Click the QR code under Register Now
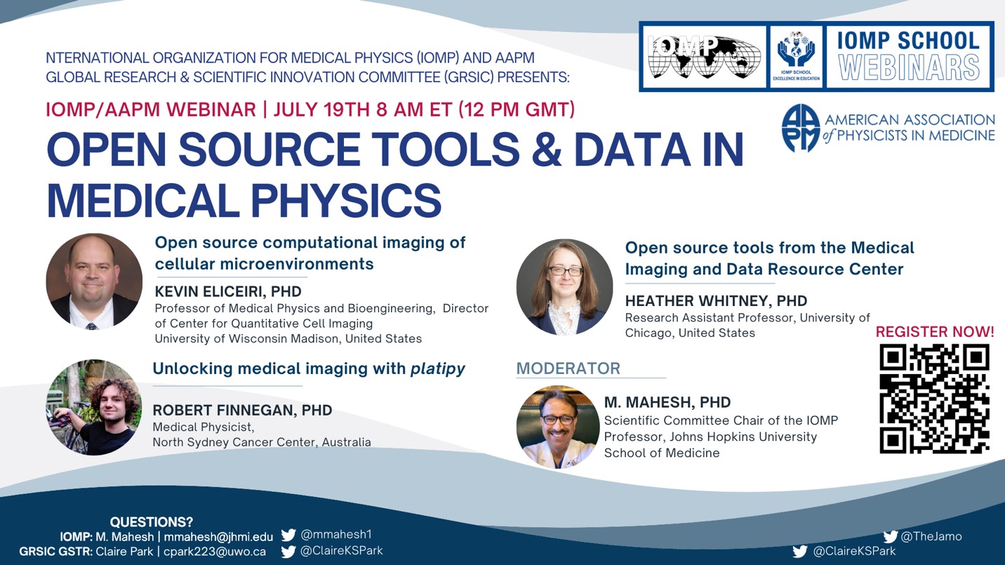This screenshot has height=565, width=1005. point(935,399)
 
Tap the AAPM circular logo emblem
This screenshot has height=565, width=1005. point(801,128)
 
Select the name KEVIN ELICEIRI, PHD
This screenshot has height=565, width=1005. point(228,292)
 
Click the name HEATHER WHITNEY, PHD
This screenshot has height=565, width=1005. point(716,300)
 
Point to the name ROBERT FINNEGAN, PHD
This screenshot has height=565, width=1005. point(242,410)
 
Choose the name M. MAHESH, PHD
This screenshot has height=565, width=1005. point(667,402)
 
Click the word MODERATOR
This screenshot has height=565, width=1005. point(568,368)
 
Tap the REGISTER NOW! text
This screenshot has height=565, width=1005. point(935,332)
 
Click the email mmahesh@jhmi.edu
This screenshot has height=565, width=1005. point(218,537)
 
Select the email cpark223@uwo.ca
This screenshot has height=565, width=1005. point(215,551)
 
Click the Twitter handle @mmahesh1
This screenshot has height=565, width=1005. point(336,534)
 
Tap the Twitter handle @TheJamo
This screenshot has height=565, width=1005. point(931,536)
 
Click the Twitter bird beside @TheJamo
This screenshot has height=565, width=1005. point(890,536)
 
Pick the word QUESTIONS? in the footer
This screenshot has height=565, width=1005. point(151,522)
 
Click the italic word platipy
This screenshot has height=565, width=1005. point(437,369)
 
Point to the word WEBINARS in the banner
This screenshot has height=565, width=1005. point(909,68)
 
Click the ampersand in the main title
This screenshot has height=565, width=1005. point(547,149)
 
